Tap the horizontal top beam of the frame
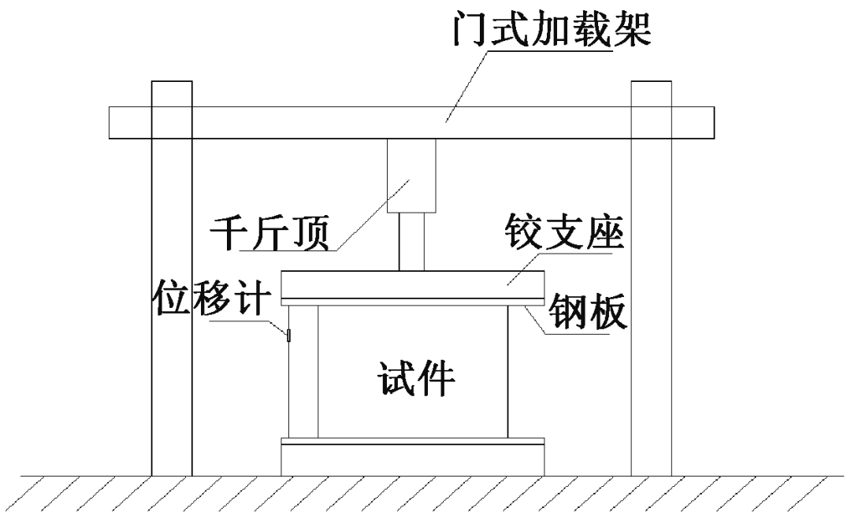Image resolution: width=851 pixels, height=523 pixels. [315, 122]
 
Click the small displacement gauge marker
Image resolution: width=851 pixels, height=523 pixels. [288, 336]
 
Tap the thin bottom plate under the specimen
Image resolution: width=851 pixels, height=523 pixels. [412, 440]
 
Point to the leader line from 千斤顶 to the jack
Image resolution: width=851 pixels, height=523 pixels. [370, 217]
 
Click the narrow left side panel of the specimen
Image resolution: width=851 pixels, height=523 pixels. [303, 370]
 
